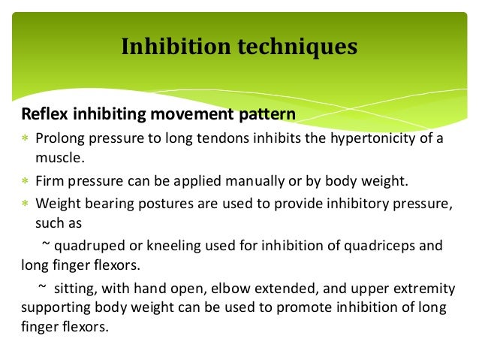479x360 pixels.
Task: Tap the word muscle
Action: click(55, 159)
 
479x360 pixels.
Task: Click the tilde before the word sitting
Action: click(44, 289)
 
